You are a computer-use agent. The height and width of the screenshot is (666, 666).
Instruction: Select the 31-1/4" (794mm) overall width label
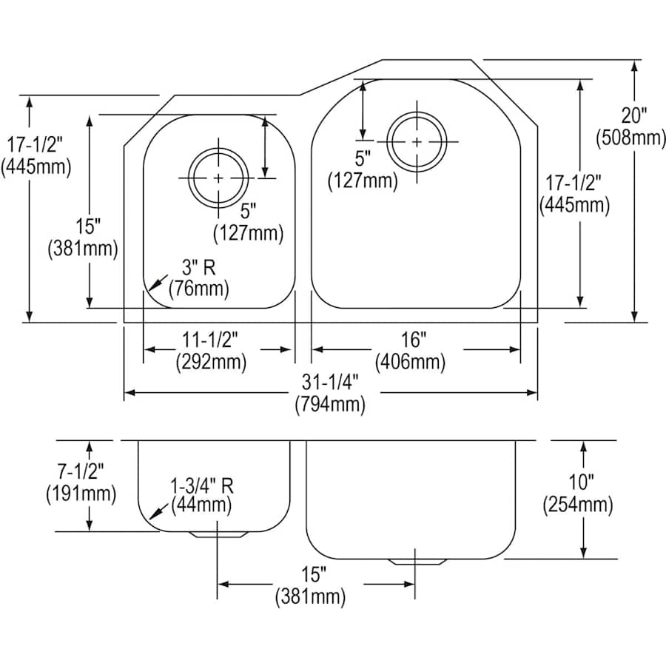(330, 393)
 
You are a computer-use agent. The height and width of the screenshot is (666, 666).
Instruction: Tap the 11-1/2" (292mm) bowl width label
(211, 351)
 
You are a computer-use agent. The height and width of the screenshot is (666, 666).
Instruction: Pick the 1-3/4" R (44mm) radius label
(201, 496)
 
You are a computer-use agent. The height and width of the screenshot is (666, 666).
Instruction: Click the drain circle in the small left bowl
(218, 178)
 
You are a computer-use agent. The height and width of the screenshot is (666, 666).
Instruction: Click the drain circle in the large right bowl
(417, 141)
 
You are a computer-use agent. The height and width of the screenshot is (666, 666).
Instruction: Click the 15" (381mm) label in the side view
(310, 585)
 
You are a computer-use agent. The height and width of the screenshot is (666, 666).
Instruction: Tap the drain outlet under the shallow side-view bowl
(216, 534)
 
